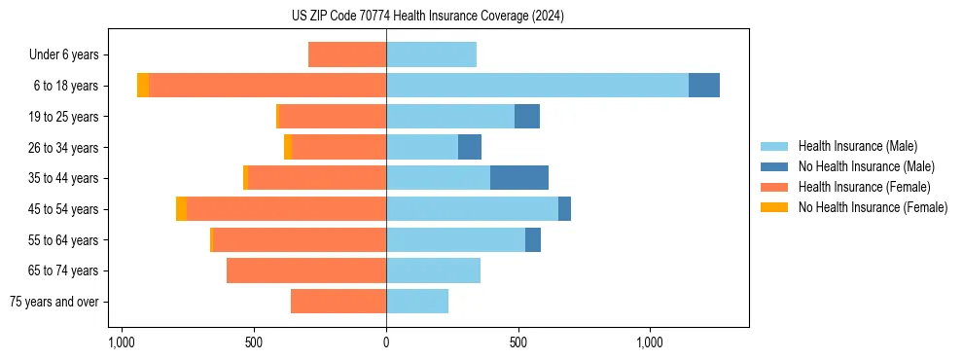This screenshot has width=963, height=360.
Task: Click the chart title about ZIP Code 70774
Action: click(386, 17)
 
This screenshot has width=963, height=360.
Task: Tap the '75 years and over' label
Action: click(54, 302)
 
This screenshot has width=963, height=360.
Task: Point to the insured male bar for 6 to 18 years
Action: click(537, 86)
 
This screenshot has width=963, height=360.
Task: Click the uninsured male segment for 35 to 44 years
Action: click(519, 178)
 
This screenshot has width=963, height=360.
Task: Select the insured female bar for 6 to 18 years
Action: click(267, 86)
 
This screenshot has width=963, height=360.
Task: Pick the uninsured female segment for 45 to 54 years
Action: click(181, 209)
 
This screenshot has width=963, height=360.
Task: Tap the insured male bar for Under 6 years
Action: click(431, 54)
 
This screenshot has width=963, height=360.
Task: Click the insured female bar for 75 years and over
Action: click(339, 302)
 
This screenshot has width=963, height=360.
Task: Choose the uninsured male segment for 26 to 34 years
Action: click(470, 147)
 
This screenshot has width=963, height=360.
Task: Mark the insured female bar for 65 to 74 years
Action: click(306, 270)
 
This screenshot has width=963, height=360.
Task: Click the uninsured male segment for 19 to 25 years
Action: click(527, 117)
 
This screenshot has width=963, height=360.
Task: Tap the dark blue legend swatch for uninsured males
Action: click(774, 166)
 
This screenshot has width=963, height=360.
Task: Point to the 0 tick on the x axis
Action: click(386, 342)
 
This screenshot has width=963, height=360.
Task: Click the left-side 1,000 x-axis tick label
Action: click(122, 342)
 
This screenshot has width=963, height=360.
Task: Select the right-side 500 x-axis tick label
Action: click(518, 342)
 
